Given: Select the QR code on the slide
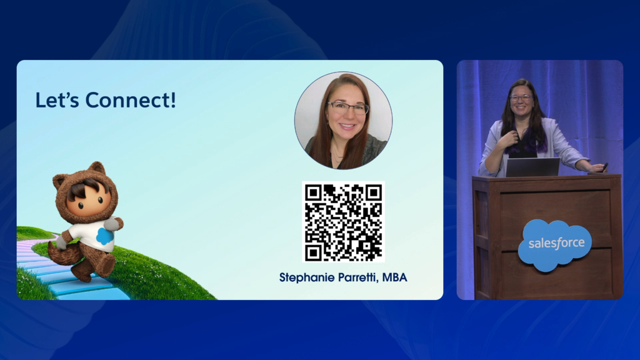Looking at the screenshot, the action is tap(343, 222).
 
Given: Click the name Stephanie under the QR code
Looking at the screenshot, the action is tap(311, 277).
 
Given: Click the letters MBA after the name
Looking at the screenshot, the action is tap(395, 277).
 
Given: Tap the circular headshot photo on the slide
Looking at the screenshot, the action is tap(343, 121).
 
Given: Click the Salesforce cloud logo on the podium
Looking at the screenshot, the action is tap(556, 245).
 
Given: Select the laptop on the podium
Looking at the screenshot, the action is tap(532, 167).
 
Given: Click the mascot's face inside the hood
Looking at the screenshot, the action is tap(87, 199).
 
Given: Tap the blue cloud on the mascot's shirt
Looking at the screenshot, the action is tap(105, 236).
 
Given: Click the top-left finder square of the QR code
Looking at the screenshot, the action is tap(314, 192).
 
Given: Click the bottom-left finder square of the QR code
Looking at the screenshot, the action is tap(314, 252).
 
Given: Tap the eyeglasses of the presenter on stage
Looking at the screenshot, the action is tap(521, 98).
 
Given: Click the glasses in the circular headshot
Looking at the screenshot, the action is tap(347, 107).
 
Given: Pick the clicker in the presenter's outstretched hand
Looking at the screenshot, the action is tap(604, 166).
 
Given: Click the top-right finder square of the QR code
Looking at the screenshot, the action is tap(373, 192).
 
